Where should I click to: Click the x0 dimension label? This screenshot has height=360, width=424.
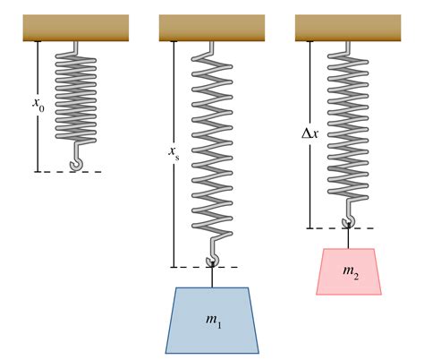click(x=38, y=104)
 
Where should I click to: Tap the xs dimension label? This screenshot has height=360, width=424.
click(x=174, y=152)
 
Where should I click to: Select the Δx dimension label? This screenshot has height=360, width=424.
click(x=310, y=133)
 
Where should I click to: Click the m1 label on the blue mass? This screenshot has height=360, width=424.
click(x=214, y=321)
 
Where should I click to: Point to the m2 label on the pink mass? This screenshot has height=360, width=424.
click(x=351, y=272)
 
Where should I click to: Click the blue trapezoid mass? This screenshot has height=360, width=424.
click(x=212, y=321)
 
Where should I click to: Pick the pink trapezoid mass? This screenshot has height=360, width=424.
click(x=349, y=271)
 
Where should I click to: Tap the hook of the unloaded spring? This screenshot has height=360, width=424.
click(x=78, y=159)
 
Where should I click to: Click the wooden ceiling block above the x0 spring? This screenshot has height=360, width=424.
click(x=76, y=28)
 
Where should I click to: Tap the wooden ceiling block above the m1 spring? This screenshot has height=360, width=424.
click(x=212, y=28)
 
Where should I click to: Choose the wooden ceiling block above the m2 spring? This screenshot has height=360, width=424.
click(x=348, y=28)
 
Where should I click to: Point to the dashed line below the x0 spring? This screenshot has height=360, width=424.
click(x=71, y=172)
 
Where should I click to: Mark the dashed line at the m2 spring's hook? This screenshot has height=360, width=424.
click(x=343, y=228)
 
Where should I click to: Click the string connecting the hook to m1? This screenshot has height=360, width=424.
click(x=212, y=275)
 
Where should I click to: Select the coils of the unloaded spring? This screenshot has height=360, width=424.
click(x=76, y=98)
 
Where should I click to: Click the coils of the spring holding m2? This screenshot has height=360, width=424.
click(x=348, y=125)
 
